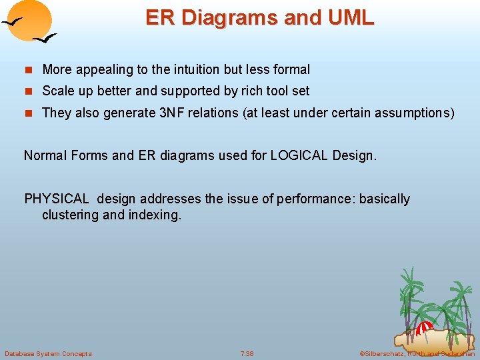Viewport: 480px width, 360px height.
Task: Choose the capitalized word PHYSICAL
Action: pyautogui.click(x=57, y=199)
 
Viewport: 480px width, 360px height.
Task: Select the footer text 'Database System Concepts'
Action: pyautogui.click(x=48, y=353)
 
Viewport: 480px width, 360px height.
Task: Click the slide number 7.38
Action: pyautogui.click(x=247, y=353)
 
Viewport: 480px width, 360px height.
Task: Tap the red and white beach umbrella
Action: pyautogui.click(x=425, y=328)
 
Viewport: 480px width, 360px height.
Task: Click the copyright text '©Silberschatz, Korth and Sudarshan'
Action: pyautogui.click(x=417, y=353)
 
